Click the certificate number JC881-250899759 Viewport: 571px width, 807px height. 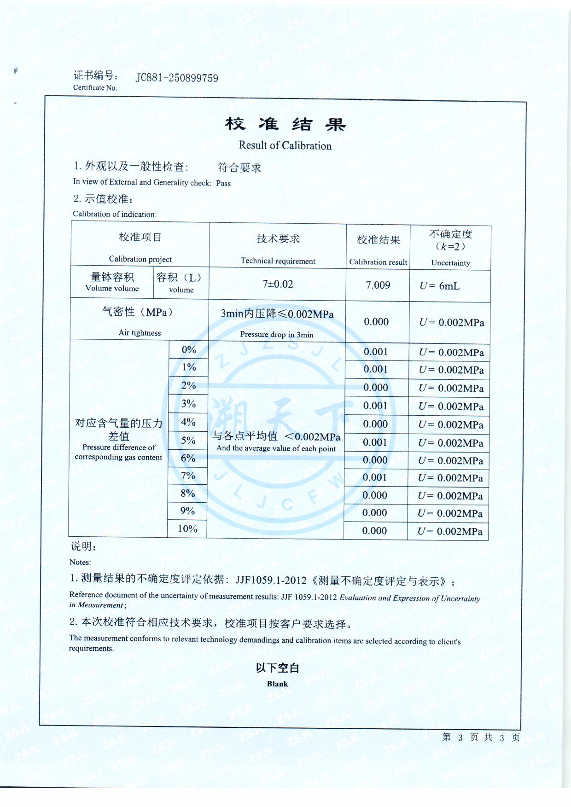pos(177,77)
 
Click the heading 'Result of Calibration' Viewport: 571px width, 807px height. pos(285,145)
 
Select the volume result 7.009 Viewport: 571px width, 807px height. pos(378,285)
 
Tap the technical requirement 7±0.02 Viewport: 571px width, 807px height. pos(278,284)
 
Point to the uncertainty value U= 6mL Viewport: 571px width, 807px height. pos(439,286)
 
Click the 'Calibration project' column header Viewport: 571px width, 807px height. pos(140,259)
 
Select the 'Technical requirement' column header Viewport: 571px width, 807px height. pos(278,261)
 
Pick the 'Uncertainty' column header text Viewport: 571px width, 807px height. pos(450,263)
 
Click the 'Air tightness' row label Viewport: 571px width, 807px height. pos(140,333)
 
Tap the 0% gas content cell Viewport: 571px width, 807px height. pos(189,350)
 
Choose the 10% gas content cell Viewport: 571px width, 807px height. pos(187,529)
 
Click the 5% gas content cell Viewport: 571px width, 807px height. pos(188,441)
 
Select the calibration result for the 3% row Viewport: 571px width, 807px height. pos(375,406)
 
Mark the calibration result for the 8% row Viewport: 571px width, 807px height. pos(375,495)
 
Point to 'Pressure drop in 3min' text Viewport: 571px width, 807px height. pos(277,335)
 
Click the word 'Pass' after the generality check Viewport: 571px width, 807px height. pos(223,183)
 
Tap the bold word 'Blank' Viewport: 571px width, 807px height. pos(277,684)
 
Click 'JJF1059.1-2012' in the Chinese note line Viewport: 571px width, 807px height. pos(271,580)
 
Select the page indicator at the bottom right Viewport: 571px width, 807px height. pos(481,737)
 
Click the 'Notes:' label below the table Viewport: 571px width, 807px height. pos(80,562)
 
